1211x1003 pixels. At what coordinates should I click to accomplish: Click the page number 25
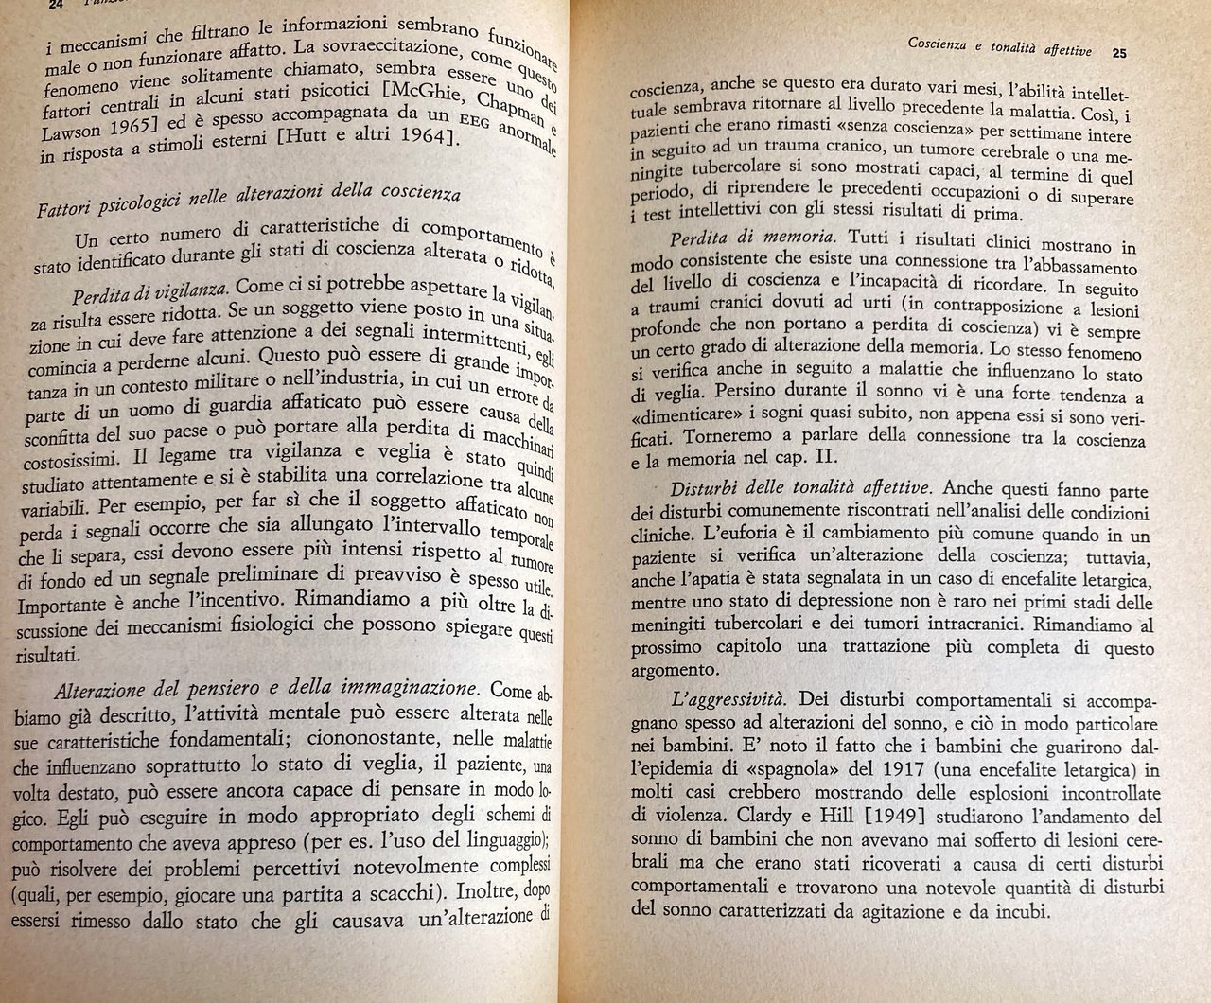1119,53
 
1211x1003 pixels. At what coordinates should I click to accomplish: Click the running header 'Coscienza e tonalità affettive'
999,45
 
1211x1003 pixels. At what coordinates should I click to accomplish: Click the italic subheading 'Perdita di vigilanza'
150,286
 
